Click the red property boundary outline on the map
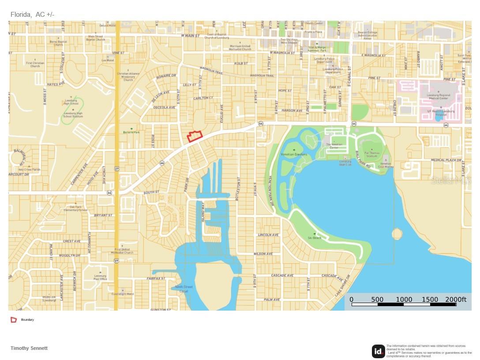tap(195, 136)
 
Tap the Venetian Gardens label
tap(294, 154)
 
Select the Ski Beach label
tap(315, 238)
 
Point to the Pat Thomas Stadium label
tap(371, 155)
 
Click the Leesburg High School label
tap(71, 101)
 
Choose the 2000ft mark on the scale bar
tap(456, 300)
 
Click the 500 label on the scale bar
tap(377, 300)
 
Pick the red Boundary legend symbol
tap(14, 319)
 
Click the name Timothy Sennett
tap(29, 348)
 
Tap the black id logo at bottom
tap(378, 351)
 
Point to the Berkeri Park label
tap(131, 132)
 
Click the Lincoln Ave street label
tap(268, 235)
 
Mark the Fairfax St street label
tap(156, 278)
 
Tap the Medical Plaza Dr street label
tap(446, 160)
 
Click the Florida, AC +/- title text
tap(32, 15)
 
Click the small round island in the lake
tap(397, 233)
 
